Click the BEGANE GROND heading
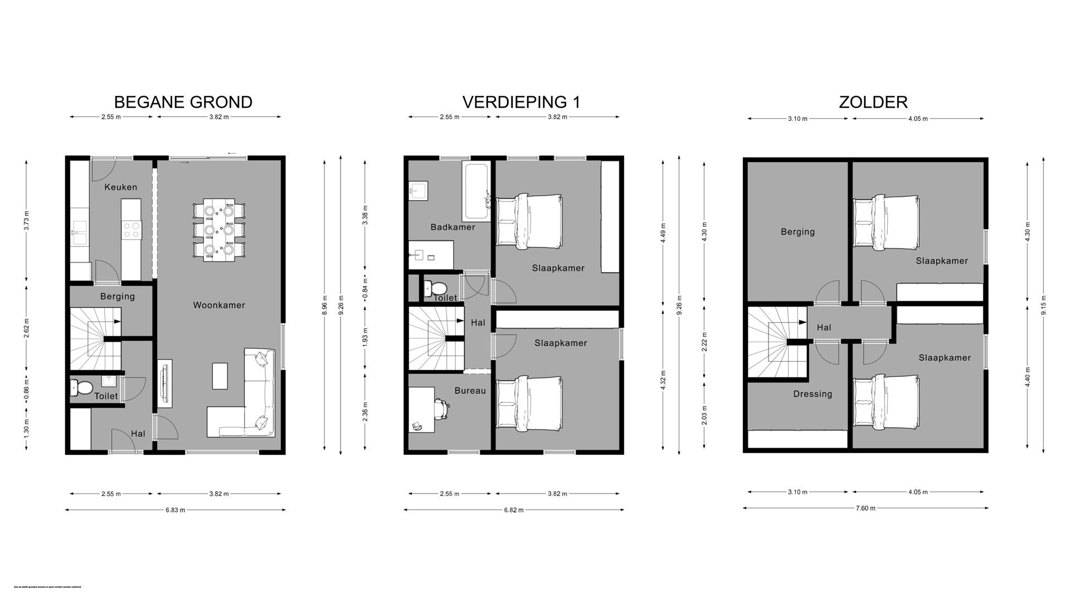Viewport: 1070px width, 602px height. click(183, 102)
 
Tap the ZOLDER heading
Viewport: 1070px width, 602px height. click(873, 102)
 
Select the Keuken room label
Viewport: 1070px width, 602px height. click(120, 187)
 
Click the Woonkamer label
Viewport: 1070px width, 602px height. click(219, 305)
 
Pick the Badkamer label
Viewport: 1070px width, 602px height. click(453, 227)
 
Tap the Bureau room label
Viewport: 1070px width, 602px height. click(470, 391)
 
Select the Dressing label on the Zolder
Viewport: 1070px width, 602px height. click(813, 394)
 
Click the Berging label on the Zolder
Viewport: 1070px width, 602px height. click(797, 232)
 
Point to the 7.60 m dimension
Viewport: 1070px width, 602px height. click(865, 508)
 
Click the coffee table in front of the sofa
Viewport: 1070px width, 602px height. click(220, 376)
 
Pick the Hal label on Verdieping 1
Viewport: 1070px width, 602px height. click(478, 323)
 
